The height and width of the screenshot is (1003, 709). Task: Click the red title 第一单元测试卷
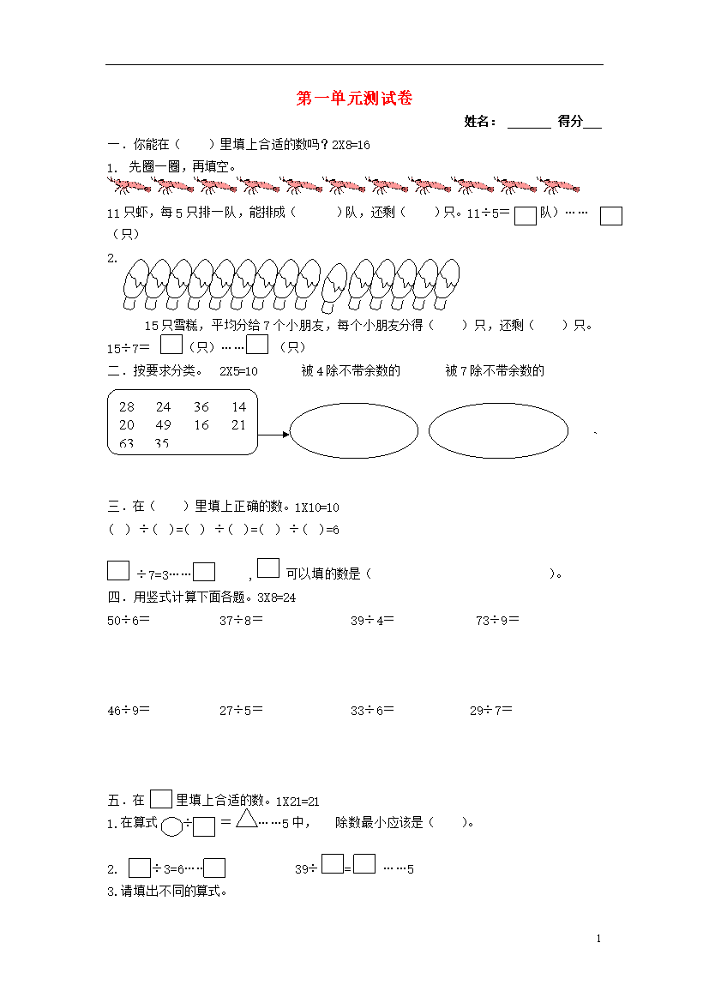(354, 99)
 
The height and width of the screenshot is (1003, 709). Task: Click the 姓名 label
(479, 122)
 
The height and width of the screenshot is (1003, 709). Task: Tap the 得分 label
(570, 122)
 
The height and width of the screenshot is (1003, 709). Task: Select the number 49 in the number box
(163, 425)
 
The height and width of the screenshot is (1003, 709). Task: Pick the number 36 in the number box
(201, 407)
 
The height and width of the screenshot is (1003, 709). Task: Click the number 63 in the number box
(127, 443)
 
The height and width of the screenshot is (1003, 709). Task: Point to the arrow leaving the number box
(273, 434)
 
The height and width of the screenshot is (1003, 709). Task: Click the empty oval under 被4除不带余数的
(354, 430)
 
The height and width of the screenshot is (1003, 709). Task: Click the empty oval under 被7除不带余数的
(498, 430)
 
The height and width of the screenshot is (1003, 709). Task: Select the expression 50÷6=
(129, 620)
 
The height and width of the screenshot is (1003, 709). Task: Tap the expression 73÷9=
(497, 620)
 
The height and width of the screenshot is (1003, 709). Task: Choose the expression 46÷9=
(129, 710)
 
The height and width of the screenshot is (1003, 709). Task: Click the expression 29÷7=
(490, 710)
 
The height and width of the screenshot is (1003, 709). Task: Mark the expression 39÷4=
(372, 620)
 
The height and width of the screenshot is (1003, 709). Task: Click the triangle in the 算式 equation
(247, 820)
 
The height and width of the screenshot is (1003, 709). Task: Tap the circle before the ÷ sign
(171, 826)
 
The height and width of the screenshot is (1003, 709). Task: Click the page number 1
(598, 939)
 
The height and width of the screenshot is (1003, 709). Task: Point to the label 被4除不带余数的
(351, 370)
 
